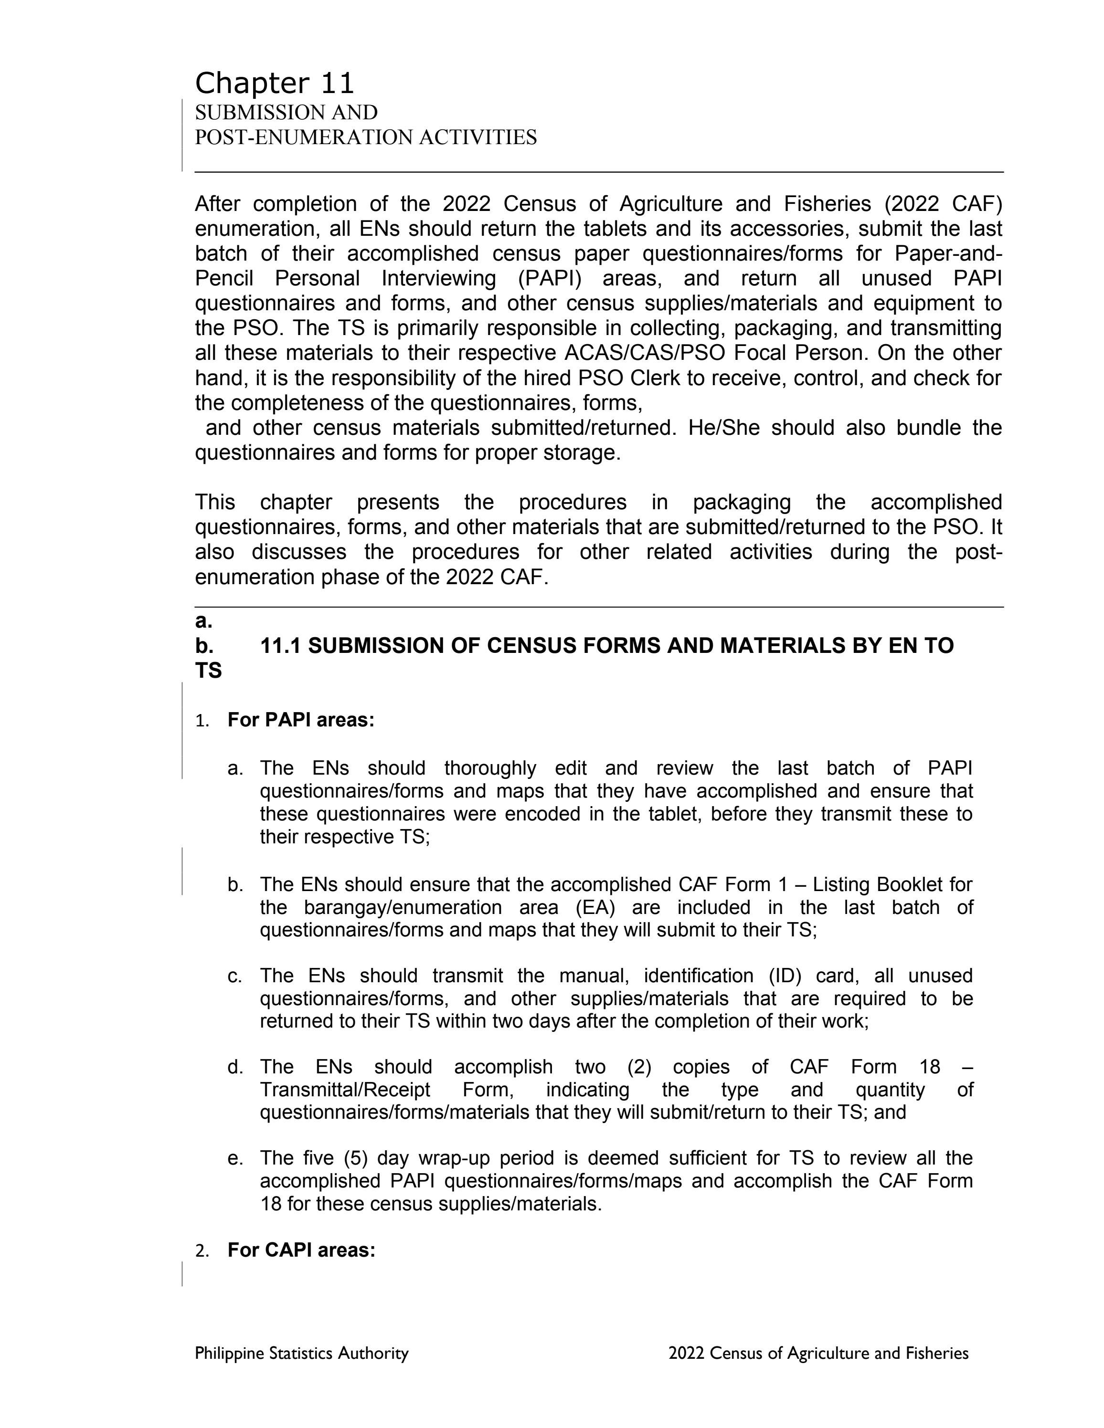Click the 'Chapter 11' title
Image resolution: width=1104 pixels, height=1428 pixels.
pyautogui.click(x=274, y=84)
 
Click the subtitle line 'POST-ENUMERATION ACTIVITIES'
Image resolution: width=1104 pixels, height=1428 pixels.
pyautogui.click(x=366, y=137)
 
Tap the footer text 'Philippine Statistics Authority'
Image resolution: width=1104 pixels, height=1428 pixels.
pyautogui.click(x=301, y=1353)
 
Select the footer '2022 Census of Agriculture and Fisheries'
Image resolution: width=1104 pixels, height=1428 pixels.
pyautogui.click(x=818, y=1353)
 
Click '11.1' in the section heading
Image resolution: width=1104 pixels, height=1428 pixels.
pyautogui.click(x=281, y=646)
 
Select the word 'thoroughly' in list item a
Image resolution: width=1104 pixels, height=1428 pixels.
pyautogui.click(x=490, y=767)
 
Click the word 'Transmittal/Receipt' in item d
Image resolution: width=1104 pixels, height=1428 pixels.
pyautogui.click(x=345, y=1090)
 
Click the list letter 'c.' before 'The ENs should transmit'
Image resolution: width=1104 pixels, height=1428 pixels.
pyautogui.click(x=235, y=976)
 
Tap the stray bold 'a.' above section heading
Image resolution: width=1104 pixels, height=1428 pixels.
pyautogui.click(x=203, y=620)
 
